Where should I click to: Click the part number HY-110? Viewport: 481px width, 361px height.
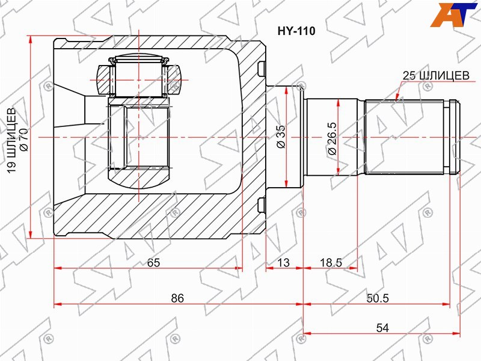[x=296, y=31]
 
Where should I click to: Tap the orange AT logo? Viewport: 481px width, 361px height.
[x=453, y=14]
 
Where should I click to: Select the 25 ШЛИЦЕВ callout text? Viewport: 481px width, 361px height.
[x=435, y=76]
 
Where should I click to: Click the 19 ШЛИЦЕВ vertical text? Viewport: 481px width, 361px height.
[x=13, y=140]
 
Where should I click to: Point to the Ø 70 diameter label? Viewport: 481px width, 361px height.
[x=24, y=140]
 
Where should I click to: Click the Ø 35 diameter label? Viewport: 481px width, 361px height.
[x=281, y=137]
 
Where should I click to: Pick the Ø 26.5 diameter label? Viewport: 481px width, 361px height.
[x=332, y=138]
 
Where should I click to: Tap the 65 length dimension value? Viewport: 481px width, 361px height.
[x=153, y=262]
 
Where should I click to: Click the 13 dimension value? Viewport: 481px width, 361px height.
[x=283, y=262]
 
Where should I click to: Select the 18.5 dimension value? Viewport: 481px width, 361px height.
[x=331, y=262]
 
